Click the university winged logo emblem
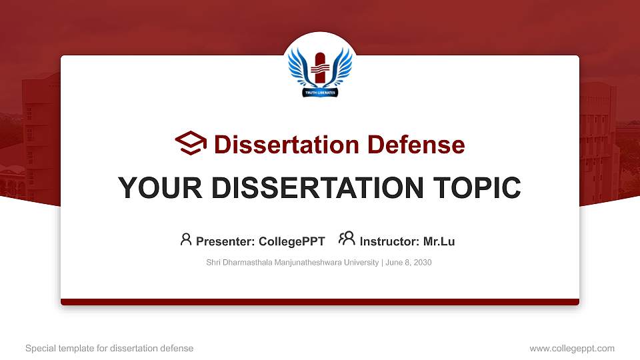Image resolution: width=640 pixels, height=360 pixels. tap(320, 69)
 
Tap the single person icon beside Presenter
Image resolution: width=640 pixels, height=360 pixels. tap(186, 239)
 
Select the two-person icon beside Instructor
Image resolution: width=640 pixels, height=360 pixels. tap(347, 239)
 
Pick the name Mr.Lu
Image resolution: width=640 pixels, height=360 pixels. tap(439, 241)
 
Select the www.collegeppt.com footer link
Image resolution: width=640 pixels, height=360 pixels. tap(571, 348)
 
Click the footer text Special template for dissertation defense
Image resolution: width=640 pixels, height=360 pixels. tap(109, 348)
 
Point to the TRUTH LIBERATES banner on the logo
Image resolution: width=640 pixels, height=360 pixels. tap(320, 93)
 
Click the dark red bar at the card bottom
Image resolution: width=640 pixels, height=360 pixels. tap(320, 302)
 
